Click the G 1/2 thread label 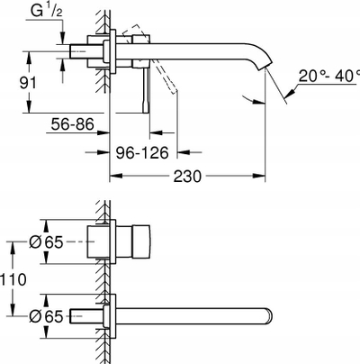pos(47,12)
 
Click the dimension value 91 pos(28,83)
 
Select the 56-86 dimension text pos(72,123)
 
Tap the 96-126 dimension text pos(142,153)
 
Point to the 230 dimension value pos(187,177)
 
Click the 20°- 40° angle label pos(329,76)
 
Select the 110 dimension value pos(13,279)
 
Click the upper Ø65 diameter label pos(46,241)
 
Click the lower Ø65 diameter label pos(46,316)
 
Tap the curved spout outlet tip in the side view pos(265,66)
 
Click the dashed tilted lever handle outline pos(151,59)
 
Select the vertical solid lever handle pos(146,90)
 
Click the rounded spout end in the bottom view pos(269,316)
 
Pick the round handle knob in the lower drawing pos(141,241)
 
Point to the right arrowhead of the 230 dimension pos(259,176)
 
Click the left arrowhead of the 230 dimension pos(115,176)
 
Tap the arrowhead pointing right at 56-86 pos(103,132)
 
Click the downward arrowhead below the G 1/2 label pos(62,39)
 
